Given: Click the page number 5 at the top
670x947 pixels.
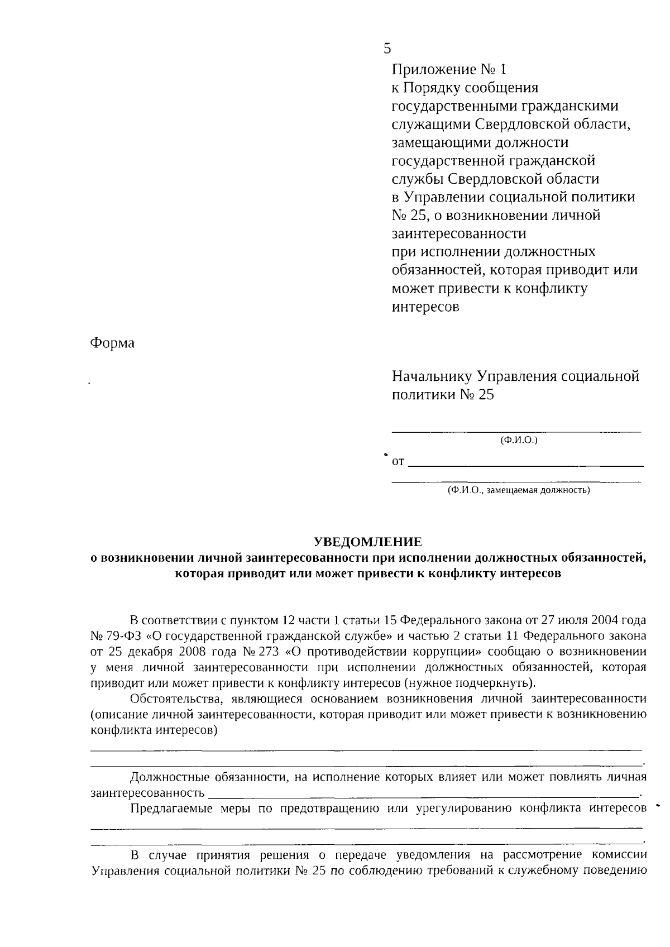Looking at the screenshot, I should (387, 49).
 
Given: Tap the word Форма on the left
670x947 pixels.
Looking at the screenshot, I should (112, 343).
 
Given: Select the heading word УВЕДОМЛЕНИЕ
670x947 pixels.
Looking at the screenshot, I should (368, 542).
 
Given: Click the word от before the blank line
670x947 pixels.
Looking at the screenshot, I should (398, 462).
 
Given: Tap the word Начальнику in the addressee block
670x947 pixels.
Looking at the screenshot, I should (431, 376).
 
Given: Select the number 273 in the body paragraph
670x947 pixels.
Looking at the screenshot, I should (270, 652).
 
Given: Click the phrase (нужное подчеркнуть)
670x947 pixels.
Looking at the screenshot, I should (470, 683).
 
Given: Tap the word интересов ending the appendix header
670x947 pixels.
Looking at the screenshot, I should (425, 307).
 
